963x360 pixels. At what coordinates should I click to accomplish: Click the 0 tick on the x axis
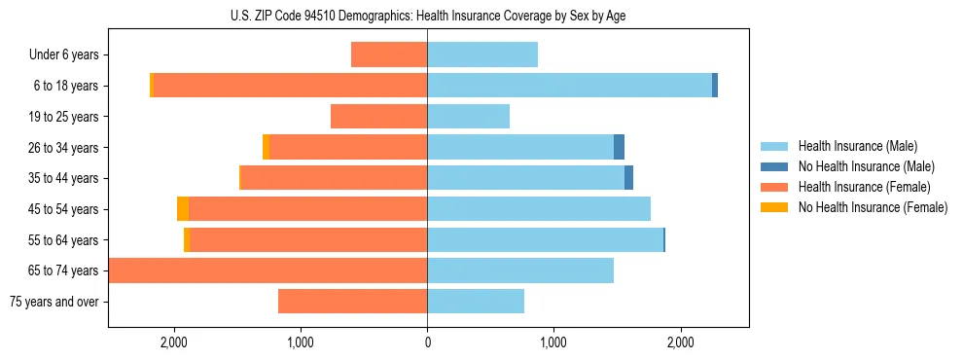(x=427, y=342)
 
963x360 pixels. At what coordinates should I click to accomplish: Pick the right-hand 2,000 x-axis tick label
(x=680, y=342)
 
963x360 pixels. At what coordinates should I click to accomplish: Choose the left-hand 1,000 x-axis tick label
(x=300, y=342)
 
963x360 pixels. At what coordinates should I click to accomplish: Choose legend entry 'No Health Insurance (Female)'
(x=873, y=207)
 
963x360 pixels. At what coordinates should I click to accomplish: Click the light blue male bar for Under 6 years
(x=482, y=55)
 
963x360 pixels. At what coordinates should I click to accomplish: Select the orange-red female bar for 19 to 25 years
(x=379, y=117)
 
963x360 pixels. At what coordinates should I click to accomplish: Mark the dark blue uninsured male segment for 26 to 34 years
(x=619, y=147)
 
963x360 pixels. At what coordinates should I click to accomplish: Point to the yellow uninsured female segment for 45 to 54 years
(x=183, y=209)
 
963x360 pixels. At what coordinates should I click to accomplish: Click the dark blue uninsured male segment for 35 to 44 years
(x=628, y=178)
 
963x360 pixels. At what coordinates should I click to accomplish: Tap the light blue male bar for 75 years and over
(x=476, y=302)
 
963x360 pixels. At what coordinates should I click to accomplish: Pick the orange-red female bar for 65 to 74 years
(x=267, y=270)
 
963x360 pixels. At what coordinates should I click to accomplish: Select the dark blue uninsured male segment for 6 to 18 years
(x=715, y=86)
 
